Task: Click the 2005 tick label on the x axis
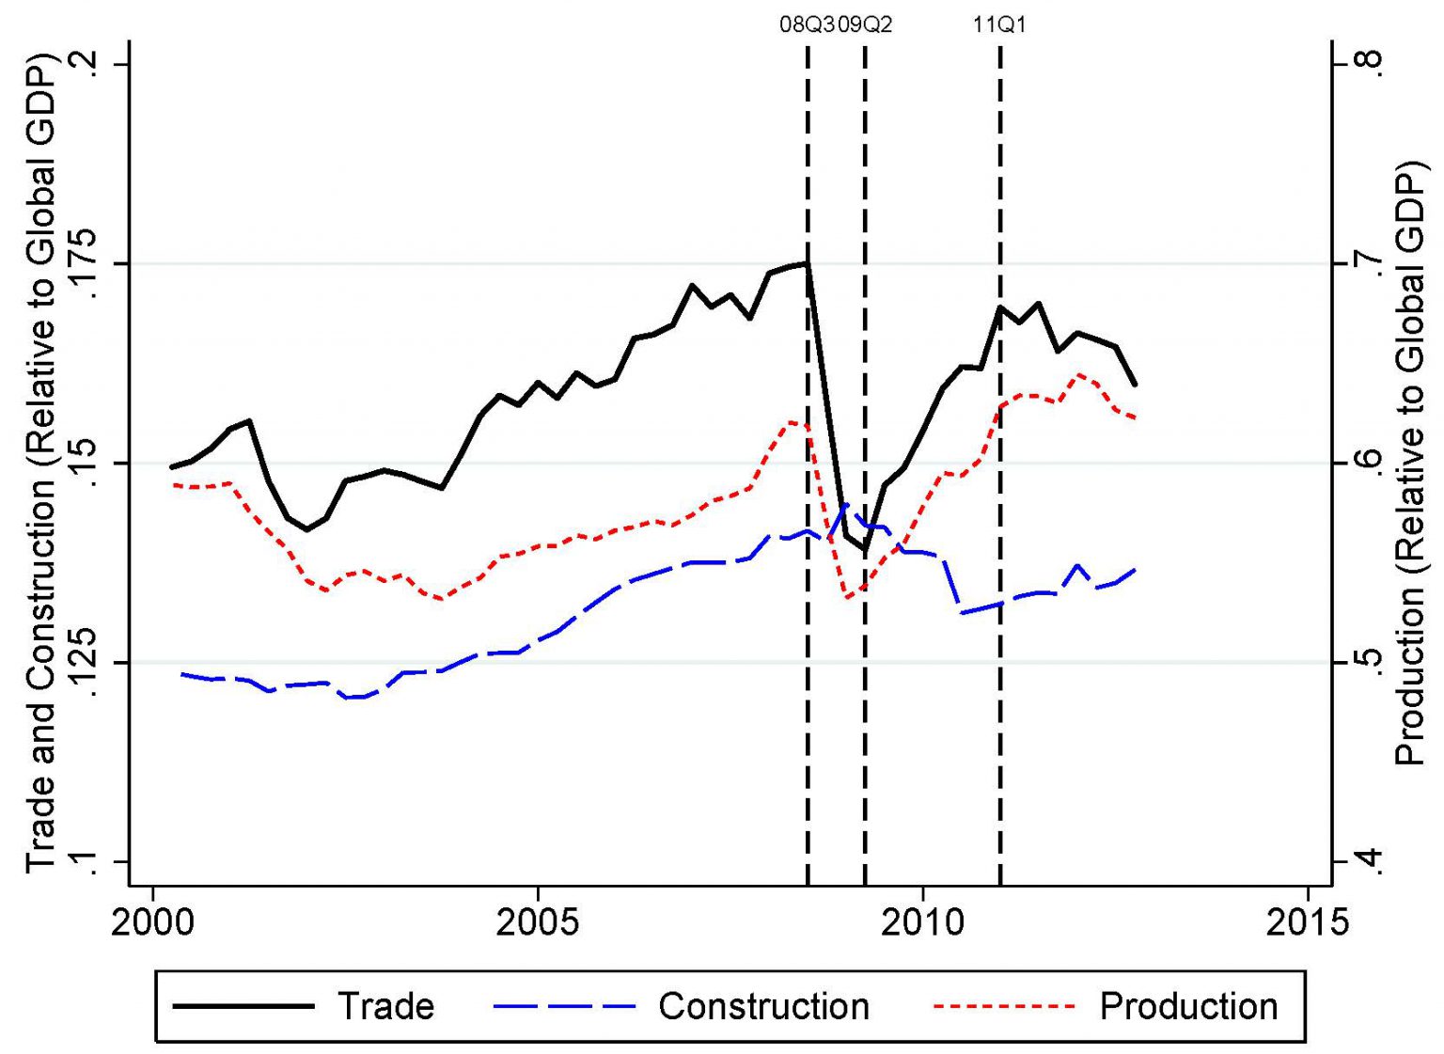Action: [537, 922]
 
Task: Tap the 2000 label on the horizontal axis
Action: [152, 922]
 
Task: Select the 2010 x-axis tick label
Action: [923, 922]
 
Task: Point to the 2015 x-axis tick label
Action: [1308, 922]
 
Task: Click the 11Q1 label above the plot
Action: [999, 25]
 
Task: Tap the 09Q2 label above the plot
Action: [865, 25]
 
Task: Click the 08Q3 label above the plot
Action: [808, 25]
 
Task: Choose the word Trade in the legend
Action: [385, 1006]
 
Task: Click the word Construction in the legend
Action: [763, 1006]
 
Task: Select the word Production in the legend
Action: [1188, 1006]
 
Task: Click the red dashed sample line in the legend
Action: [1003, 1006]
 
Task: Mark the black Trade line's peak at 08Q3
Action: [807, 263]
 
